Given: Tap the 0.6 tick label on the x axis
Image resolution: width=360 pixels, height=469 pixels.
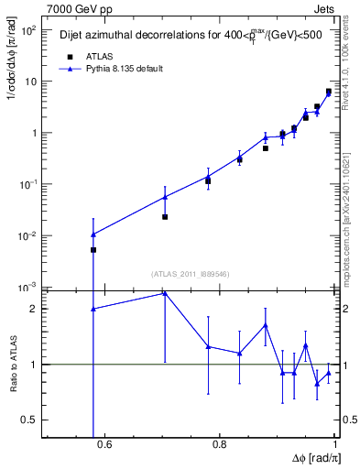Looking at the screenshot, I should click(104, 445).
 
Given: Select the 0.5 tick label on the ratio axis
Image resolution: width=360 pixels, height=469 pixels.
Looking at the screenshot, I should click(30, 420).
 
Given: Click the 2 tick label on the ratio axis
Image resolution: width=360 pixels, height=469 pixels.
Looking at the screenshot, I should click(35, 309).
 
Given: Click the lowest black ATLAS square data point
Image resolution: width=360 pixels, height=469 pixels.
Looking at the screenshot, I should click(93, 249).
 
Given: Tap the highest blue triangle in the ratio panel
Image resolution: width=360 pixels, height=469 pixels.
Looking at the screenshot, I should click(165, 293).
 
